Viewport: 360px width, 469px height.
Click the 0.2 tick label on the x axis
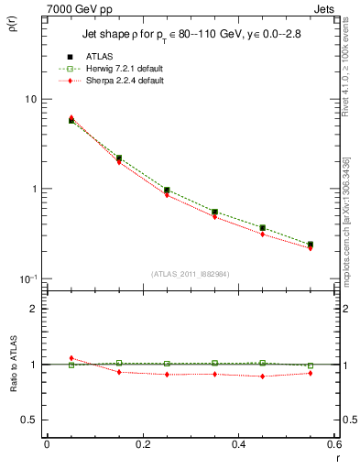pyautogui.click(x=142, y=444)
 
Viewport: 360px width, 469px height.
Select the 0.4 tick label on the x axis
pyautogui.click(x=238, y=444)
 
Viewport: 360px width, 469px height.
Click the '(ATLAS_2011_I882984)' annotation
pyautogui.click(x=191, y=274)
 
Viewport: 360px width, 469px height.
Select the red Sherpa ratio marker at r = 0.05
pyautogui.click(x=71, y=358)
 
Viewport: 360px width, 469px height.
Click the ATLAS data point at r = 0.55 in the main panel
pyautogui.click(x=311, y=245)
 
